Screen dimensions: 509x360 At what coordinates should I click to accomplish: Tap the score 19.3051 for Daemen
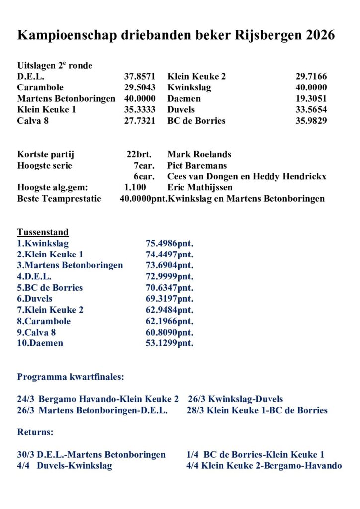pyautogui.click(x=311, y=99)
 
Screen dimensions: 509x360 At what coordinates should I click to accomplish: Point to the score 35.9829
pyautogui.click(x=311, y=121)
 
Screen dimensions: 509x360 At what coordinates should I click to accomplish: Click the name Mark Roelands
pyautogui.click(x=199, y=155)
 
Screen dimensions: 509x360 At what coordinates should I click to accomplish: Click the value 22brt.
pyautogui.click(x=141, y=155)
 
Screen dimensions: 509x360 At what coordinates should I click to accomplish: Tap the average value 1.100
pyautogui.click(x=135, y=187)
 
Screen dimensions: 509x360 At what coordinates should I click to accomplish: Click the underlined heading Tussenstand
pyautogui.click(x=43, y=232)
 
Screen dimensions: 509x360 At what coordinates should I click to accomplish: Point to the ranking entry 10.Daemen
pyautogui.click(x=40, y=343)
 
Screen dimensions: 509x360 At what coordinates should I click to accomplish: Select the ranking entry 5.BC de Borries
pyautogui.click(x=50, y=288)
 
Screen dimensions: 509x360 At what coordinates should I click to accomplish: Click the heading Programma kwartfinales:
pyautogui.click(x=71, y=377)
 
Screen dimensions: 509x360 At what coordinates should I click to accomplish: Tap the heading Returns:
pyautogui.click(x=35, y=432)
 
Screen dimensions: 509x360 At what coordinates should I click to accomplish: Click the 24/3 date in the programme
pyautogui.click(x=25, y=399)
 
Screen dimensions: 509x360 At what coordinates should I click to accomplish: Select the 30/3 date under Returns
pyautogui.click(x=25, y=455)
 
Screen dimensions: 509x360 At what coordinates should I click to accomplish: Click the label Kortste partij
pyautogui.click(x=46, y=155)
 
